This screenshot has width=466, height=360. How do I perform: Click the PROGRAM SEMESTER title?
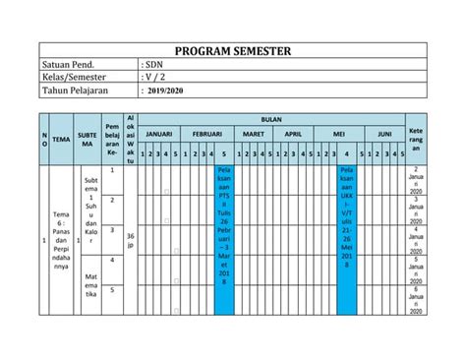[x=232, y=52]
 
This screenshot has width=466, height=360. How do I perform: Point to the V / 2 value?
[x=155, y=78]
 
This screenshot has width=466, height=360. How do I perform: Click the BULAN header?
[x=270, y=117]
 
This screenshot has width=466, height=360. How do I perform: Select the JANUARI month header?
[x=159, y=134]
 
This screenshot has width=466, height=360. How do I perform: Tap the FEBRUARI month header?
[x=207, y=134]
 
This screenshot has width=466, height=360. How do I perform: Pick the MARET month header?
[x=254, y=134]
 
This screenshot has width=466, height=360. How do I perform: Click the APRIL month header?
[x=293, y=134]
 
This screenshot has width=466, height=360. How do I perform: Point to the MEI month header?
[x=339, y=134]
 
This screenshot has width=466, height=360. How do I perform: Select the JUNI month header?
[x=385, y=134]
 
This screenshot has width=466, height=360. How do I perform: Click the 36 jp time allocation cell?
[x=132, y=240]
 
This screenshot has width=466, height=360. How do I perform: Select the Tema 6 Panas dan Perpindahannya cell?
[x=61, y=240]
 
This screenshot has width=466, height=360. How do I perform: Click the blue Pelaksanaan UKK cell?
[x=346, y=223]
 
